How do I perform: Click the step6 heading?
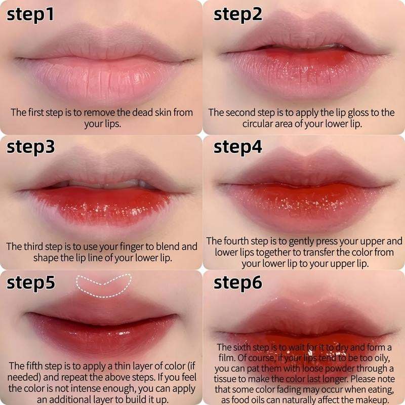(237, 282)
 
